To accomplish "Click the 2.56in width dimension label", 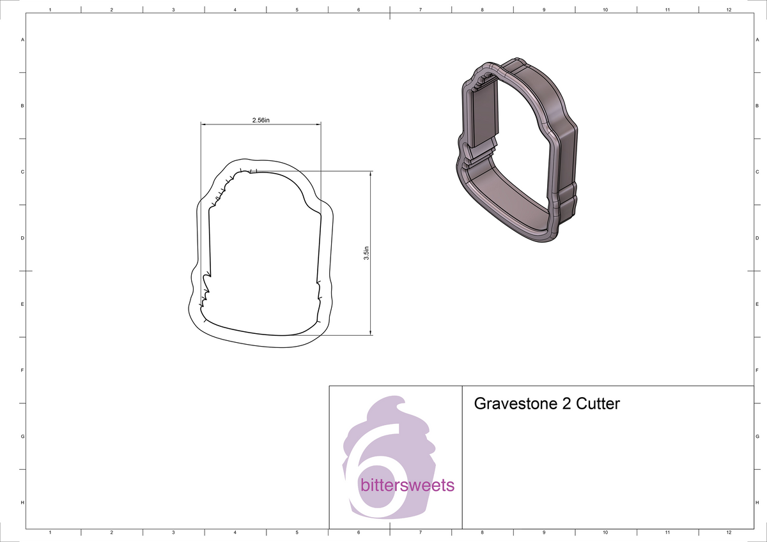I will coord(261,120).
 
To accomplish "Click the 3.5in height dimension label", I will coord(366,253).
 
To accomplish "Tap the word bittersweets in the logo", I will coord(408,485).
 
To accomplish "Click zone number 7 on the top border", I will coord(420,10).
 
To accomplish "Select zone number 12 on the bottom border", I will coord(729,532).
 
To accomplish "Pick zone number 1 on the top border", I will coord(50,10).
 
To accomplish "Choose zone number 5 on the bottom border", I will coord(297,532).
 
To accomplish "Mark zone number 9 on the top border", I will coord(543,10).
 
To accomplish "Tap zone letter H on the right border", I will coord(757,503).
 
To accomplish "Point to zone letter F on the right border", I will coord(757,370).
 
